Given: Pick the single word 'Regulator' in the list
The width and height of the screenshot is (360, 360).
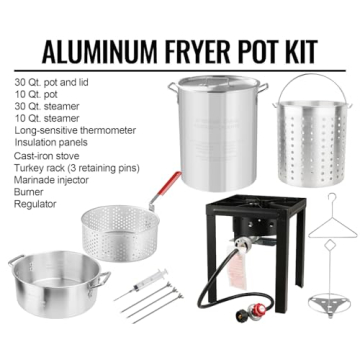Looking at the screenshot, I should coord(35,204).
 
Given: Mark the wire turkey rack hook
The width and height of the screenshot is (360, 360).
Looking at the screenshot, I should coord(322,215).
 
